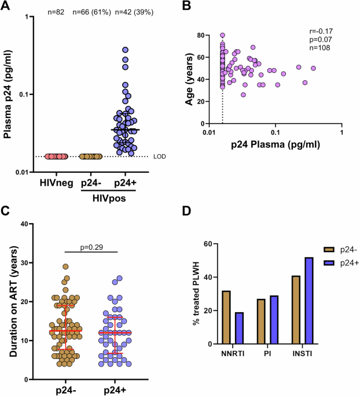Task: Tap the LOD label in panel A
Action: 172,157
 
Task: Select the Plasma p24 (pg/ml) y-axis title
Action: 9,94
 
